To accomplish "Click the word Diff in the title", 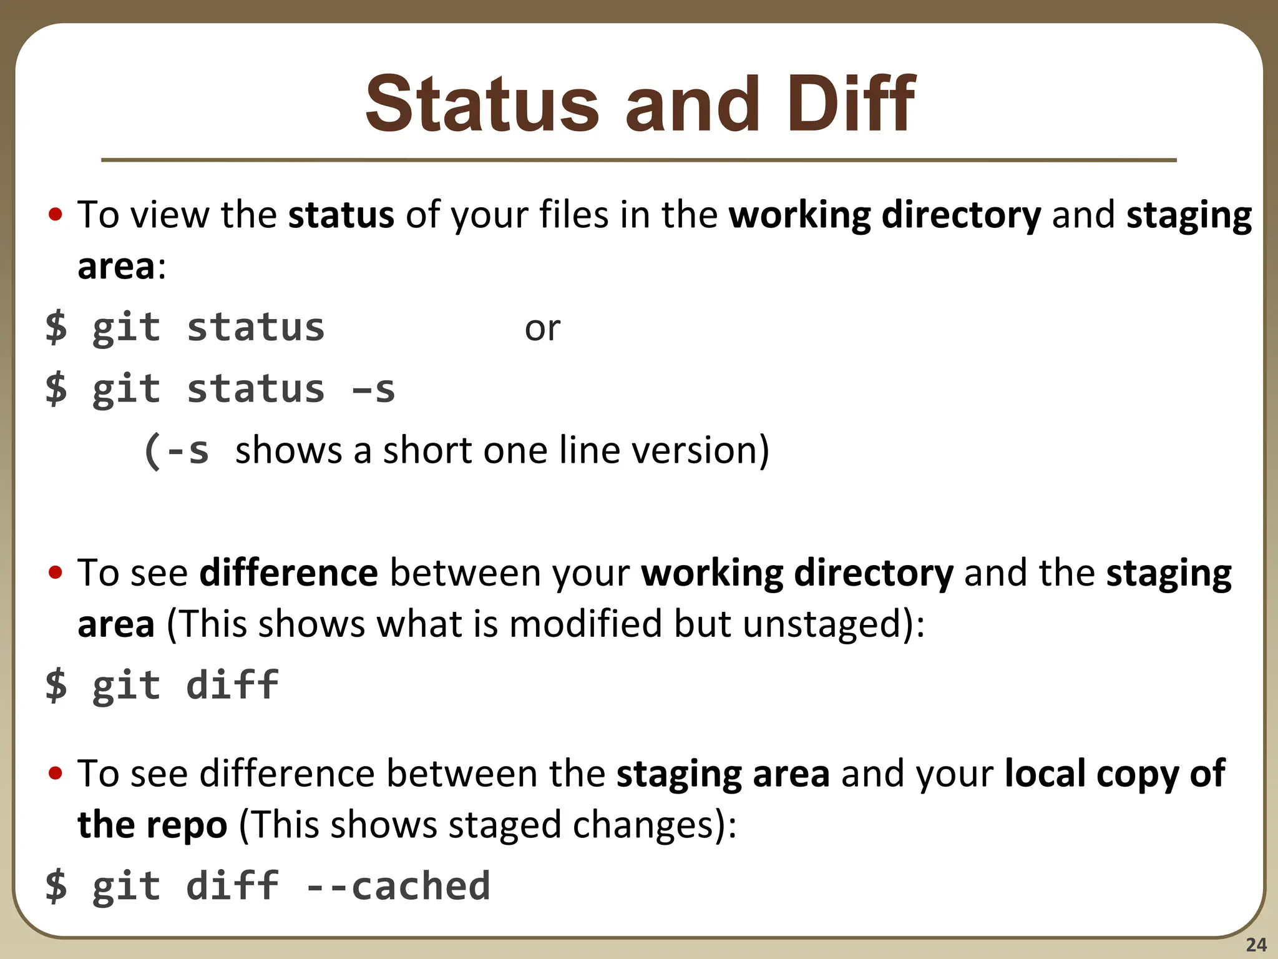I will pos(850,104).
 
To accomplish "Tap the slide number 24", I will pos(1256,945).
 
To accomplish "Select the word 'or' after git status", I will pos(542,328).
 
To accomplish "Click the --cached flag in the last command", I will pos(398,886).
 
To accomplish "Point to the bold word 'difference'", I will pos(288,573).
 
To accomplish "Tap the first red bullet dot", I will pos(56,215).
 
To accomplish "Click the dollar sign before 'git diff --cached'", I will pos(56,886).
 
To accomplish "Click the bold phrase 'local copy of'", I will pos(1115,774).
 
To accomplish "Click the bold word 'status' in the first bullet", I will pos(341,215).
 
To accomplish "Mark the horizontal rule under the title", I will pos(638,160).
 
